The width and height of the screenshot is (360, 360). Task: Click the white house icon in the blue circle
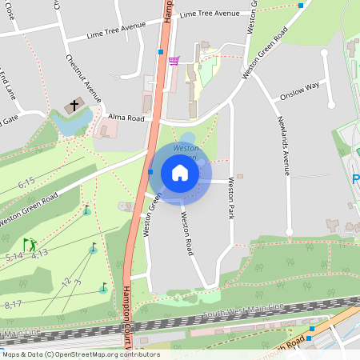click(x=180, y=172)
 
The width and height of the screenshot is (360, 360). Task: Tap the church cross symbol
click(x=74, y=105)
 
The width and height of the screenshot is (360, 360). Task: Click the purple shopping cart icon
click(x=174, y=60)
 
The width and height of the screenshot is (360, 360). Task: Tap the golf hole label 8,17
click(x=13, y=304)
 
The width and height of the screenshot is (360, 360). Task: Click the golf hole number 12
click(x=66, y=282)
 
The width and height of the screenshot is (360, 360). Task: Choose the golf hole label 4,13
click(x=40, y=254)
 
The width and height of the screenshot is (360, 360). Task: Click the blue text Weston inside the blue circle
click(x=186, y=148)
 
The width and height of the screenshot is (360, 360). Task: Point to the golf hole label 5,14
click(x=14, y=256)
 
